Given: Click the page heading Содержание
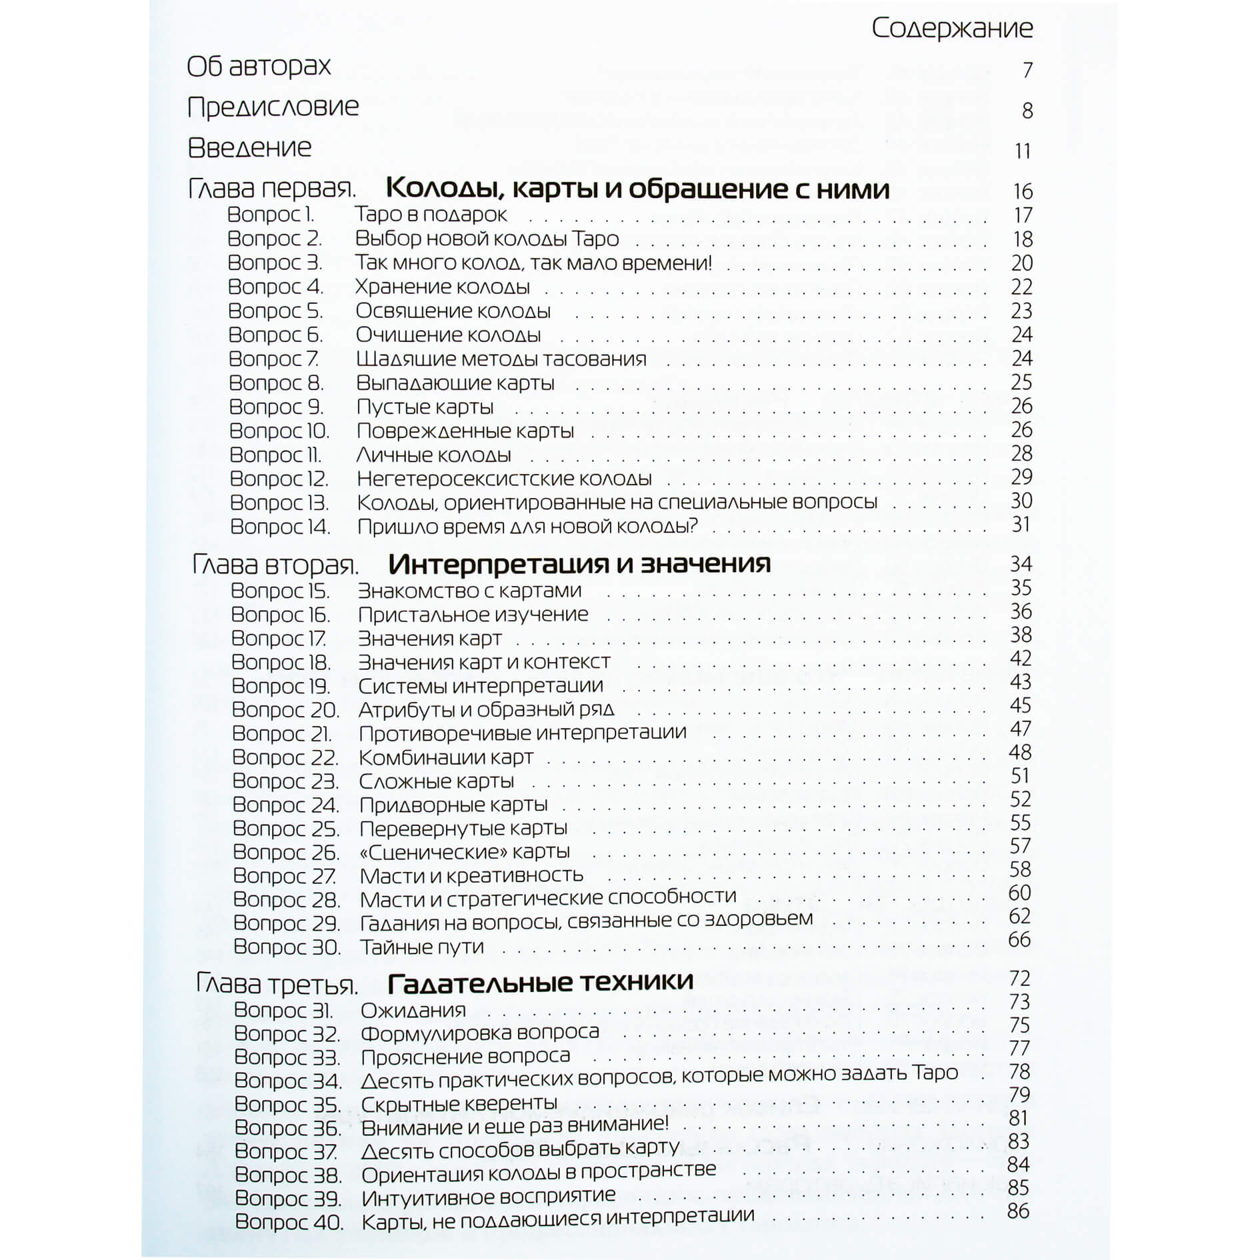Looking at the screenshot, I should [951, 28].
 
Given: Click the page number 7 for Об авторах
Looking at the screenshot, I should [1027, 70].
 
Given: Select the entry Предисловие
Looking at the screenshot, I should [273, 107].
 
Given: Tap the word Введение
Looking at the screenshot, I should [249, 148].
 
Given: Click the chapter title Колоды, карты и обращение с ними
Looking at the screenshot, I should [637, 189].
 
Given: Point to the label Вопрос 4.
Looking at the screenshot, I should [275, 287].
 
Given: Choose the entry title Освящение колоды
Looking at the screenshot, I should [453, 311].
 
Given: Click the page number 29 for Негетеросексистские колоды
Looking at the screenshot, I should [1021, 477].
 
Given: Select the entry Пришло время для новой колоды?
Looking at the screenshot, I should [527, 527].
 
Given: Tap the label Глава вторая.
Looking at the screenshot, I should [275, 565].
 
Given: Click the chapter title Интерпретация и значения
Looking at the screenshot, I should [579, 565].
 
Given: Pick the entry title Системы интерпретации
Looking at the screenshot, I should [480, 686].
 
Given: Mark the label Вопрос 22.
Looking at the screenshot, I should [285, 758].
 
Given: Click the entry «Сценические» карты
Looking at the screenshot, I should [465, 852].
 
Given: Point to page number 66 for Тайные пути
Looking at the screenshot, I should [1019, 940].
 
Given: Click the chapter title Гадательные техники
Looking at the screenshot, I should [540, 983].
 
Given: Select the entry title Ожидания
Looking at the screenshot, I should [413, 1011].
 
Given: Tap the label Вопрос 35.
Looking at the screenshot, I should [287, 1105].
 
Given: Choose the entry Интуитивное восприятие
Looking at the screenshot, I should [488, 1197].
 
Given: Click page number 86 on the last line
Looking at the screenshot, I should [1018, 1211].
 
